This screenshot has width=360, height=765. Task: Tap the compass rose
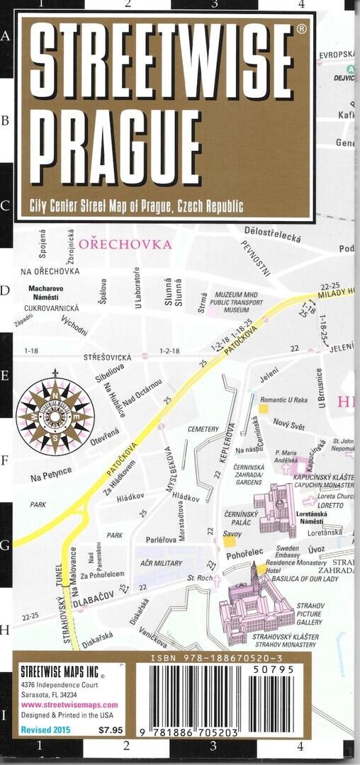pyautogui.click(x=55, y=409)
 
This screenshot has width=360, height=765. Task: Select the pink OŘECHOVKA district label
pyautogui.click(x=125, y=244)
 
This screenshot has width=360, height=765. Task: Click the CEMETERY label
pyautogui.click(x=203, y=429)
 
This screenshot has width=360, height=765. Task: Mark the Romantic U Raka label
pyautogui.click(x=283, y=400)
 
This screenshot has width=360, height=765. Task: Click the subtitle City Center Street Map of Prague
pyautogui.click(x=136, y=207)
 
